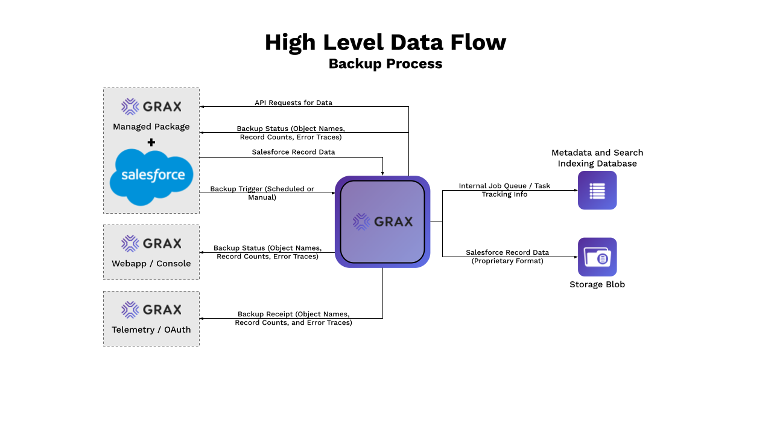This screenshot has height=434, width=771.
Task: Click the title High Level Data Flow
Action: pos(386,43)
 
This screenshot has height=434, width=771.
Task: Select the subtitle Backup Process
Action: pos(386,64)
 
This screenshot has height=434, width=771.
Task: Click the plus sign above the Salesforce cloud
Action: pos(151,142)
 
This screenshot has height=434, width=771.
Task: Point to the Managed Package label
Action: pos(151,127)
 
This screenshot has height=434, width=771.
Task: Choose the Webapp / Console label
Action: pos(151,264)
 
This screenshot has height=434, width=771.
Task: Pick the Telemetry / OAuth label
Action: pos(151,330)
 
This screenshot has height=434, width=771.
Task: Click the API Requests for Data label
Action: pos(293,103)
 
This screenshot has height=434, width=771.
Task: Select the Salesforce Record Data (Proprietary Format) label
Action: pos(507,257)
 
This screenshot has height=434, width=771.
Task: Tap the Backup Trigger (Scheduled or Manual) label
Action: pos(262,193)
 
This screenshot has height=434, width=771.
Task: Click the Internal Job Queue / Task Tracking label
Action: pos(504,190)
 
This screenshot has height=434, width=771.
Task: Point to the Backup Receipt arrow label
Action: pos(293,318)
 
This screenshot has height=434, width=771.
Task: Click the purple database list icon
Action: pos(597,190)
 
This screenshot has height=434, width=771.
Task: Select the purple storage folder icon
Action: pos(597,257)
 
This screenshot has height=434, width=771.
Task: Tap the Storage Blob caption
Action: pos(597,284)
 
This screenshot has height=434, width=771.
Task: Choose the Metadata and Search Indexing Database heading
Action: pos(597,158)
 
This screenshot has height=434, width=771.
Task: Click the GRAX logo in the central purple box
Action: pos(382,222)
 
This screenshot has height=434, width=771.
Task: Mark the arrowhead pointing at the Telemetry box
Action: pos(202,318)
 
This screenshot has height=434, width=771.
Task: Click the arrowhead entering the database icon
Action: pos(575,191)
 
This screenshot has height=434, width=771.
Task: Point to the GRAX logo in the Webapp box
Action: pos(151,243)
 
